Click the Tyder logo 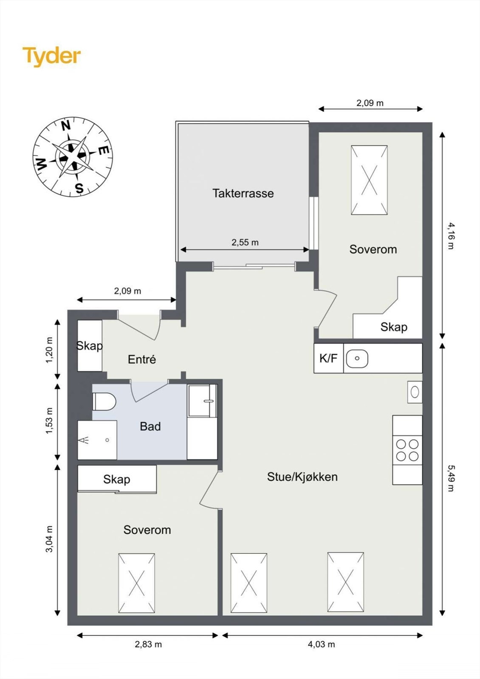click(51, 56)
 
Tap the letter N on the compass click(66, 126)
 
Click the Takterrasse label click(243, 194)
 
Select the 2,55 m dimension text click(245, 242)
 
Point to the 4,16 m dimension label click(451, 236)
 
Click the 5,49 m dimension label click(451, 478)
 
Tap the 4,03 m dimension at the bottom click(321, 644)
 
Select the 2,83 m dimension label click(148, 644)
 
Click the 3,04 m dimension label click(49, 539)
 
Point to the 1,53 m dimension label click(49, 421)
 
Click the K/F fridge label click(328, 358)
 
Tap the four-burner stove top click(407, 450)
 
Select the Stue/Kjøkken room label click(302, 477)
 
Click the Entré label click(142, 359)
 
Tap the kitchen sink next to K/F click(357, 359)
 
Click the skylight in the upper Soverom click(369, 180)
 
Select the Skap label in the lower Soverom click(116, 480)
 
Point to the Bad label click(150, 426)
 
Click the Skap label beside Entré click(89, 346)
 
